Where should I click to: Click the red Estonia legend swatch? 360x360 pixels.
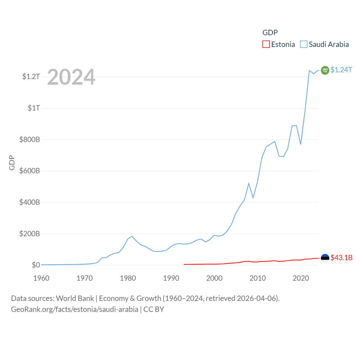coord(266,44)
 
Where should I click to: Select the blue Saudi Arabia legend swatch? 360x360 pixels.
coord(304,44)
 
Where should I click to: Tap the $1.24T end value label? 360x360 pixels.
coord(341,70)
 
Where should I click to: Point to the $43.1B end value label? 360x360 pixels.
coord(341,258)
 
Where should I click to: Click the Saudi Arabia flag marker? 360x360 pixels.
coord(325,70)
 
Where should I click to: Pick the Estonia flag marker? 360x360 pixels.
coord(325,258)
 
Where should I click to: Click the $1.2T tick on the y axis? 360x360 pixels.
coord(31,76)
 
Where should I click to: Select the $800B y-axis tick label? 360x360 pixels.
coord(30,139)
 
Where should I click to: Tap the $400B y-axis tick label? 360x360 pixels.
coord(30,202)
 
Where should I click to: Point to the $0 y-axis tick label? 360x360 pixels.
coord(36,265)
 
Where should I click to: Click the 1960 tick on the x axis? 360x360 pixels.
coord(41,278)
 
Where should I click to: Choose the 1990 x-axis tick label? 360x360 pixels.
coord(171,278)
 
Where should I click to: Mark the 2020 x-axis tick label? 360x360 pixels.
coord(301,278)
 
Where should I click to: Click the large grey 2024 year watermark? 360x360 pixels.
coord(71,77)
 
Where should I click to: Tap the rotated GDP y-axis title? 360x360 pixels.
coord(12,163)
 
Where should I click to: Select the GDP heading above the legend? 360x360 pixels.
coord(270,33)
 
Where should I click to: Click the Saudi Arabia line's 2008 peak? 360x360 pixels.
coord(249,183)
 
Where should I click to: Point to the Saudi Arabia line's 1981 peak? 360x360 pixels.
coord(132,236)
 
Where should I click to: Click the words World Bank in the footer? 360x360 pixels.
coord(75,298)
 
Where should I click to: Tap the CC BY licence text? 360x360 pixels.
coord(154,309)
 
